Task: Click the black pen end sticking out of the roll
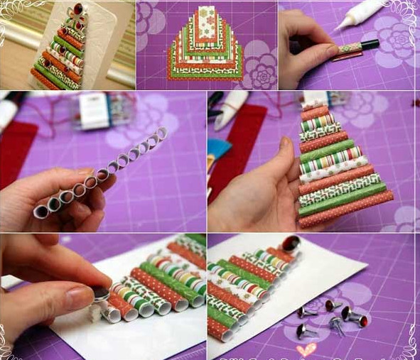370,44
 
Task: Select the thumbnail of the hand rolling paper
348,44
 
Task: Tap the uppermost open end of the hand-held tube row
161,133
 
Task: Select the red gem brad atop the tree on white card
290,245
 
